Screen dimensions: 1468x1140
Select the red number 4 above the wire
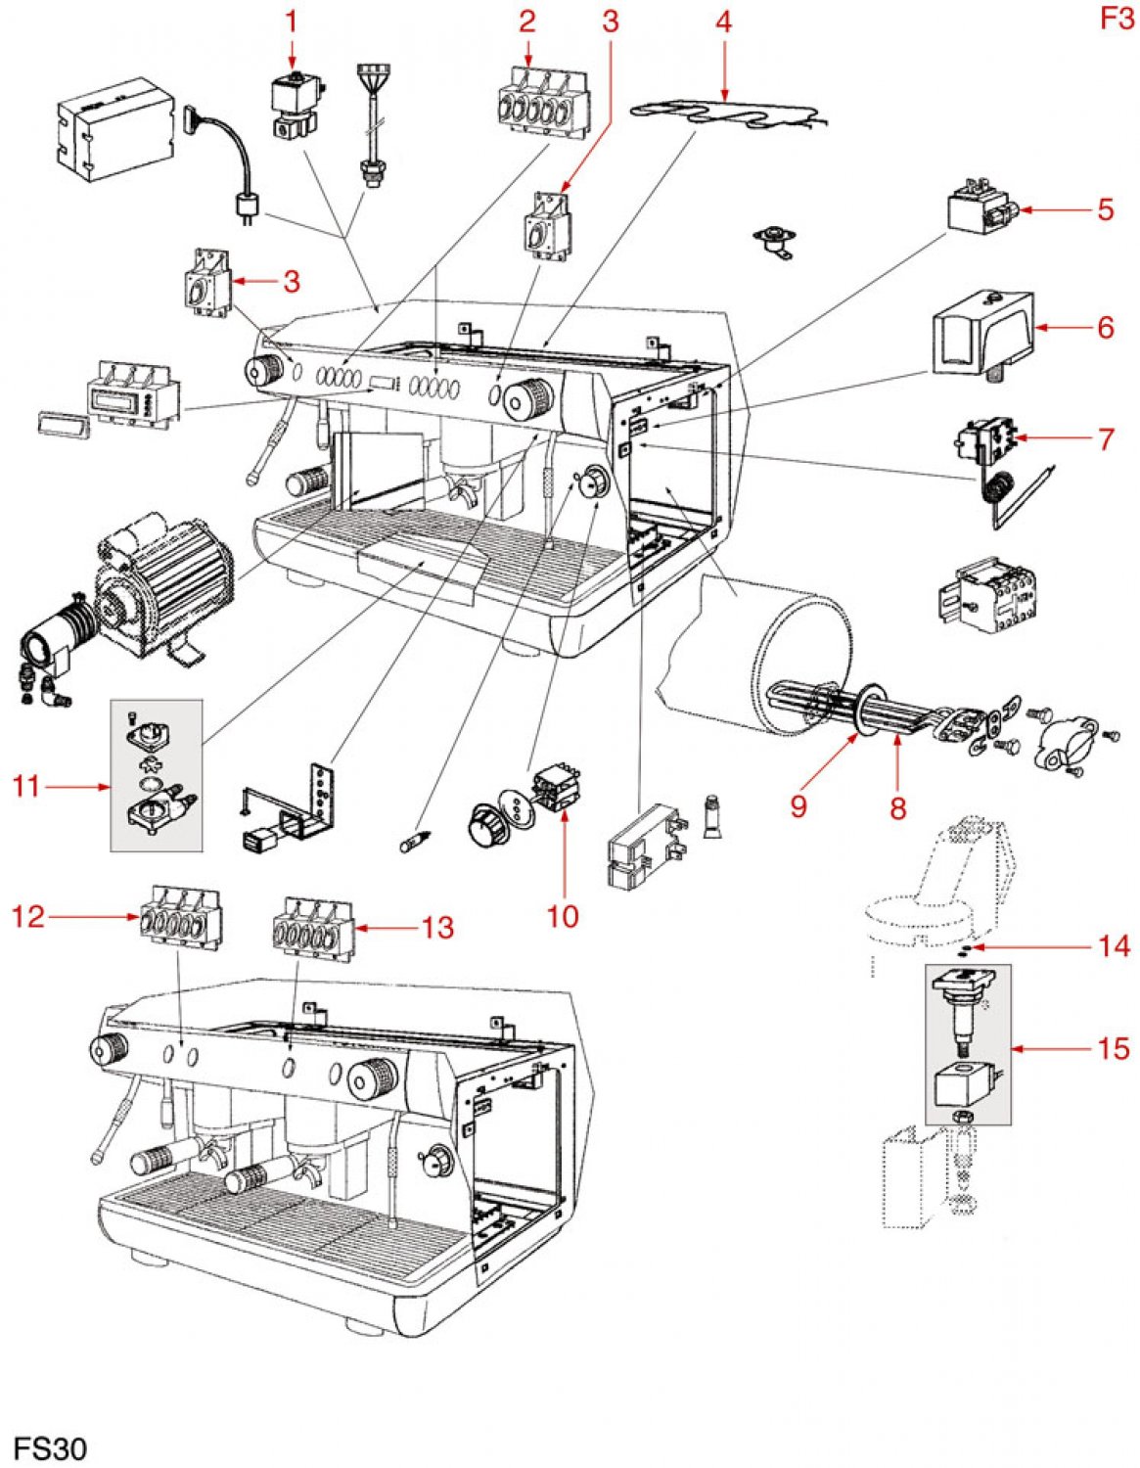coord(723,21)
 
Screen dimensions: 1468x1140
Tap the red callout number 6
coord(1106,327)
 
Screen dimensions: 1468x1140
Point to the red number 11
coord(26,785)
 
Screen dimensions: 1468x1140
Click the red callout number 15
coord(1114,1049)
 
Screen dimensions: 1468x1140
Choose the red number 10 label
coord(563,916)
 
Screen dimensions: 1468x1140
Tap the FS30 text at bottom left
coord(50,1447)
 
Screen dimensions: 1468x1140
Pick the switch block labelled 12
coord(182,916)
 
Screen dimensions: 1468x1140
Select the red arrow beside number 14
coord(1027,946)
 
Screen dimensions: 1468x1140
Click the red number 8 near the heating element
coord(897,807)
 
